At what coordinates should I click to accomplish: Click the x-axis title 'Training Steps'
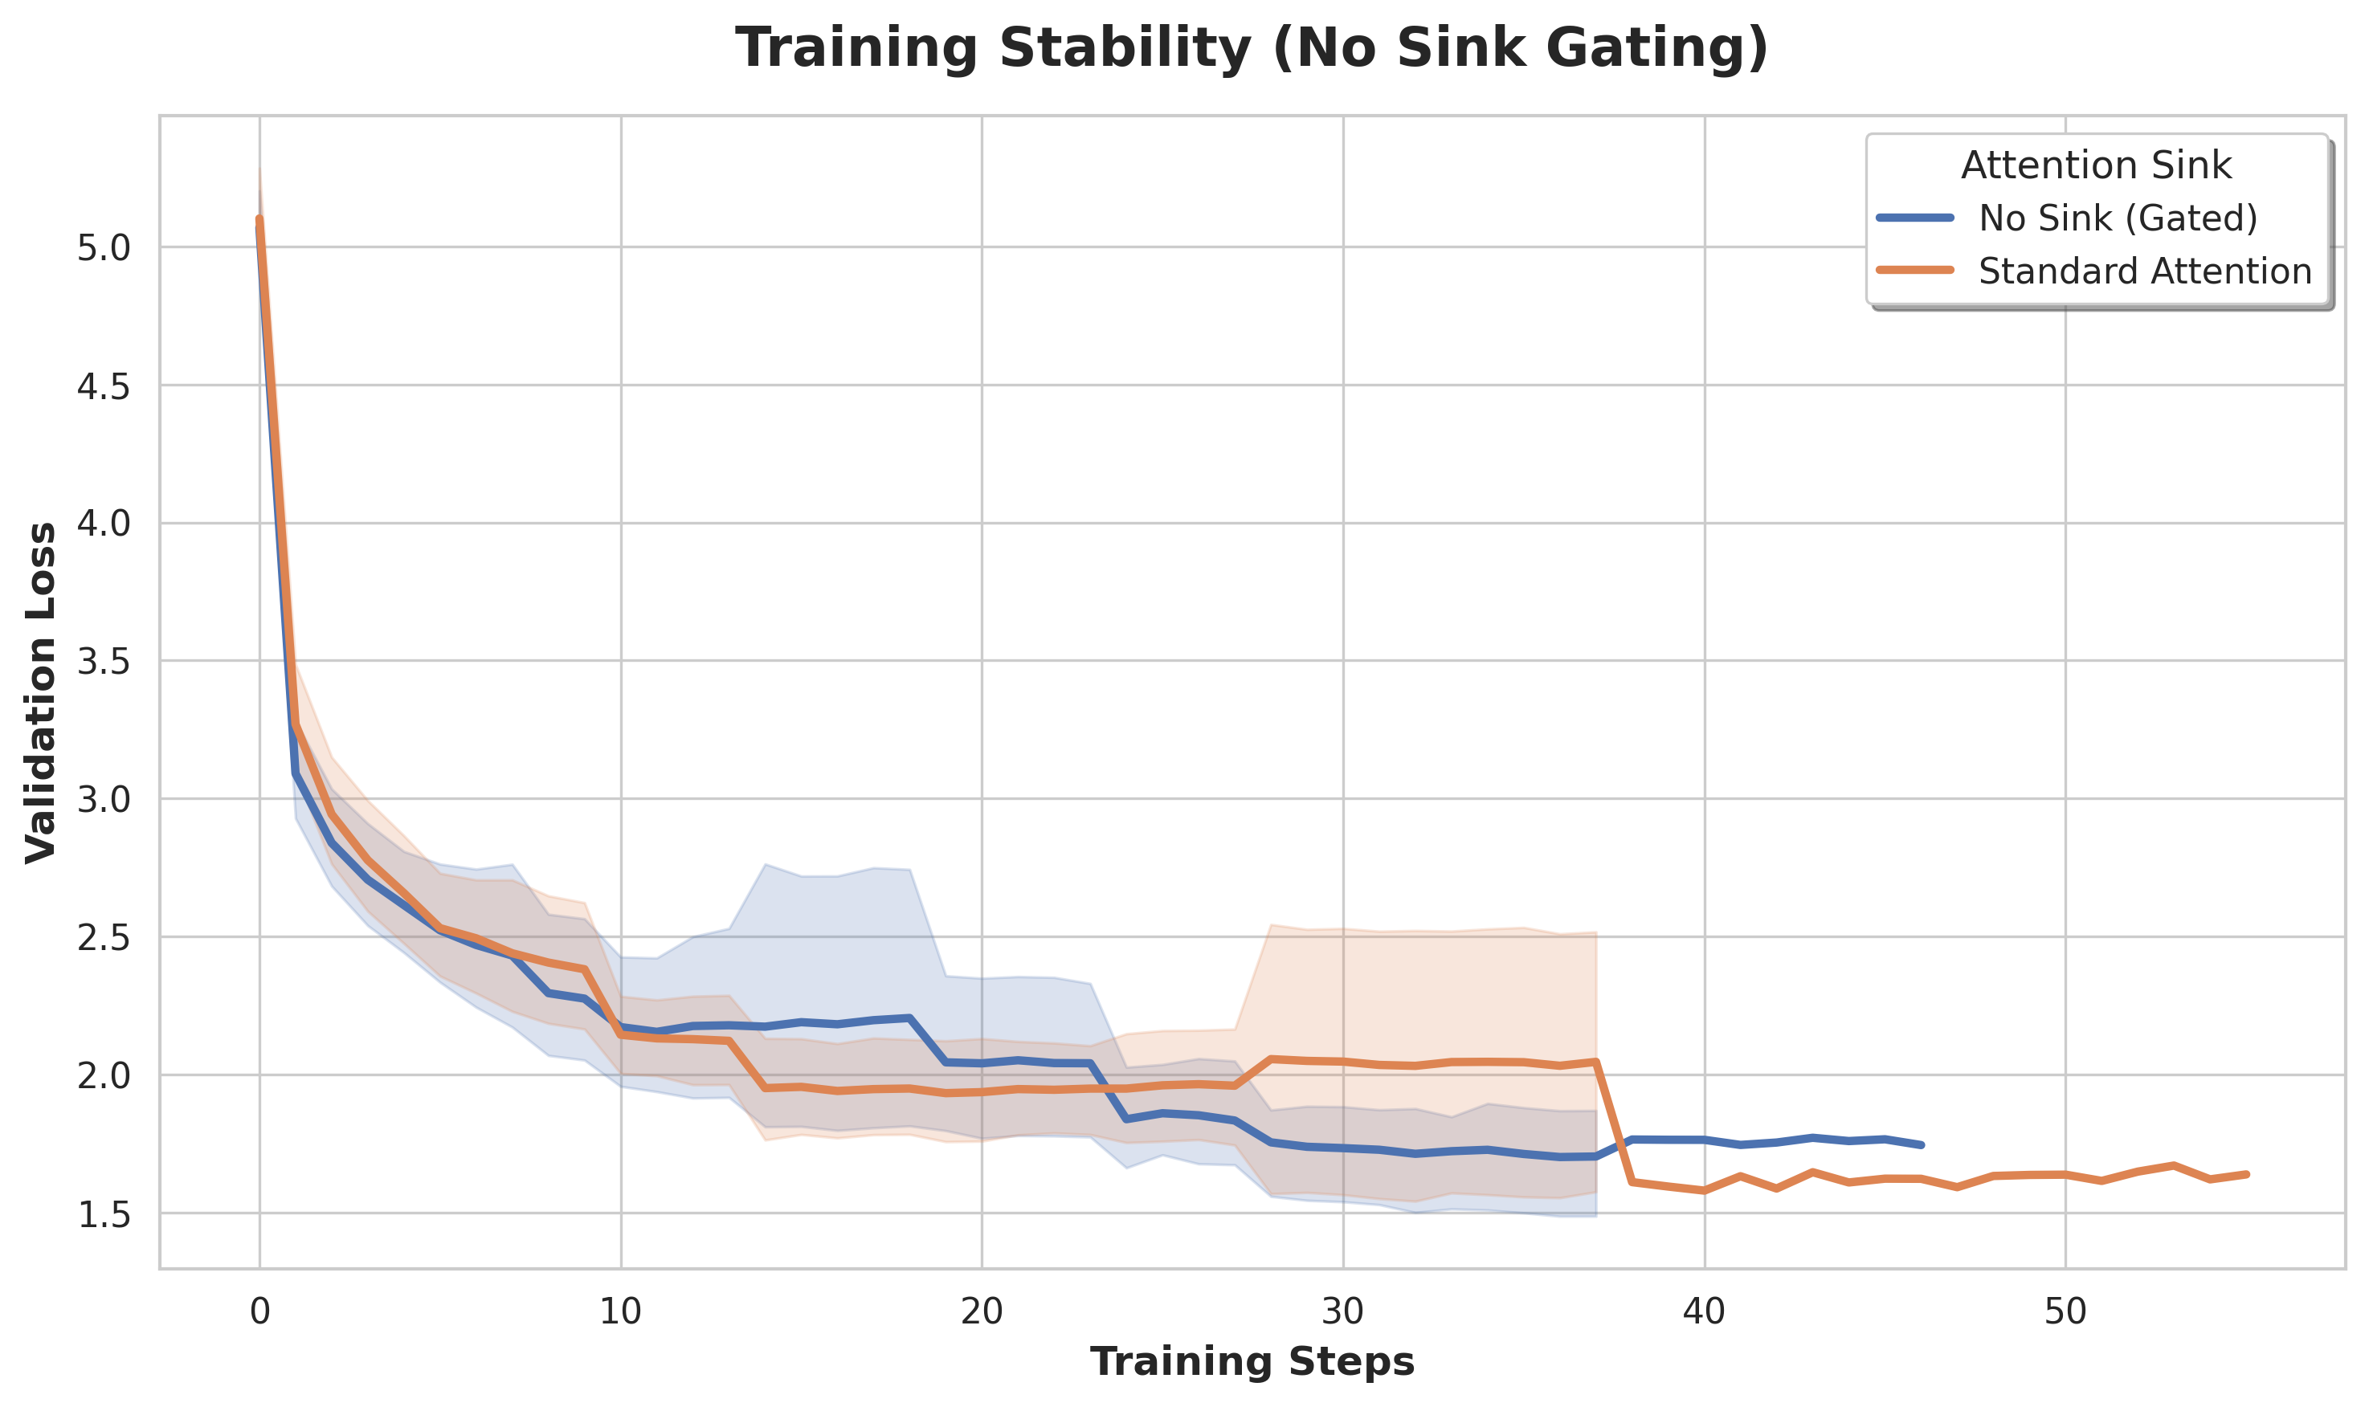tap(1252, 1361)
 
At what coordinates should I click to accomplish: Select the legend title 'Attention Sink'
tap(2096, 166)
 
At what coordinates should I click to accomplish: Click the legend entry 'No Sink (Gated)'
tap(2118, 219)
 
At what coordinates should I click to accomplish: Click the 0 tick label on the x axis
tap(259, 1311)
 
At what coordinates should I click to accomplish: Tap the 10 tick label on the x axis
tap(620, 1311)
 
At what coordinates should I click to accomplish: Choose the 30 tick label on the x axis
tap(1343, 1311)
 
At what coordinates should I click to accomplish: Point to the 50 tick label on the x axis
tap(2065, 1311)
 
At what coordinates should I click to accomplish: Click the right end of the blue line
tap(1922, 1145)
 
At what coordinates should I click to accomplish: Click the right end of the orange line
tap(2247, 1174)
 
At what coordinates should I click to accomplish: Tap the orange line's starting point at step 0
tap(259, 219)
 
